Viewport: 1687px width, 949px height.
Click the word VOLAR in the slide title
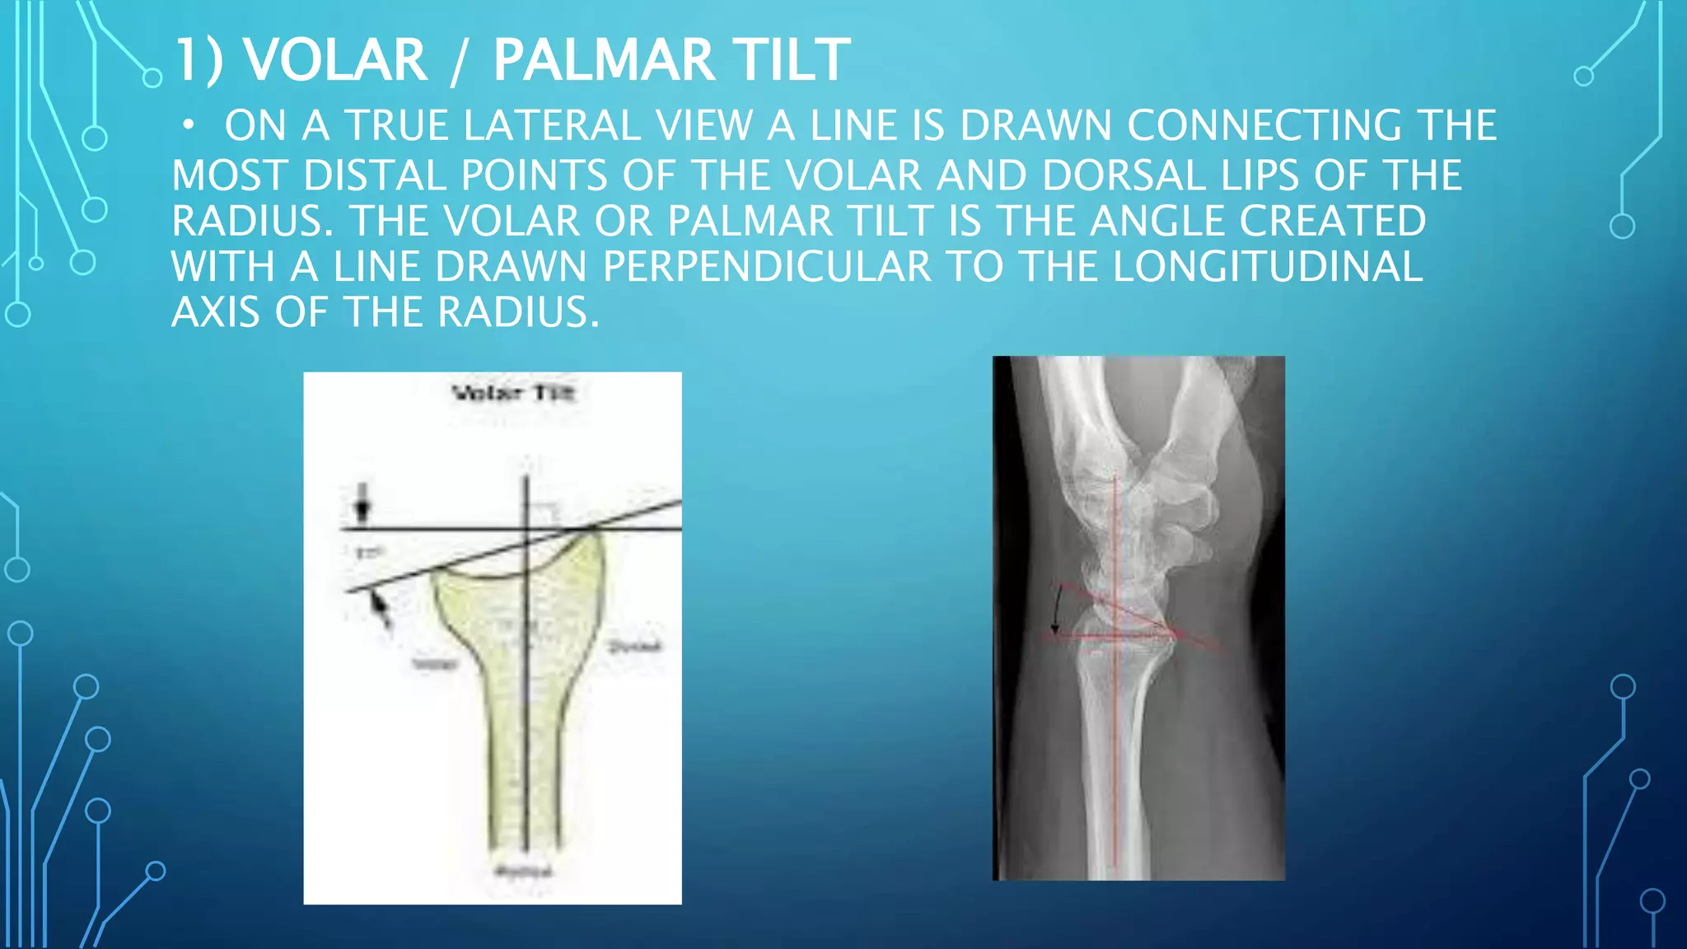[x=336, y=60]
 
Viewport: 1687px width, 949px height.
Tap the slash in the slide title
[x=459, y=62]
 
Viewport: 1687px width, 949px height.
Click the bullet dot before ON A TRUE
[x=189, y=125]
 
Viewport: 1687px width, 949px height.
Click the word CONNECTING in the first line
[x=1264, y=126]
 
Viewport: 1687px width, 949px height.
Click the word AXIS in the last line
[x=216, y=312]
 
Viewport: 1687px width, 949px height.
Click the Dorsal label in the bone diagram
[x=634, y=647]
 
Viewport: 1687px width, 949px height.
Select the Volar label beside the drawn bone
[x=434, y=663]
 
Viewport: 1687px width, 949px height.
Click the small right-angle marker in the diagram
[x=544, y=513]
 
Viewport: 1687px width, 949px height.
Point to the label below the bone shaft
[x=523, y=872]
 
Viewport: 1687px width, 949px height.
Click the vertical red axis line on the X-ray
[x=1115, y=741]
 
